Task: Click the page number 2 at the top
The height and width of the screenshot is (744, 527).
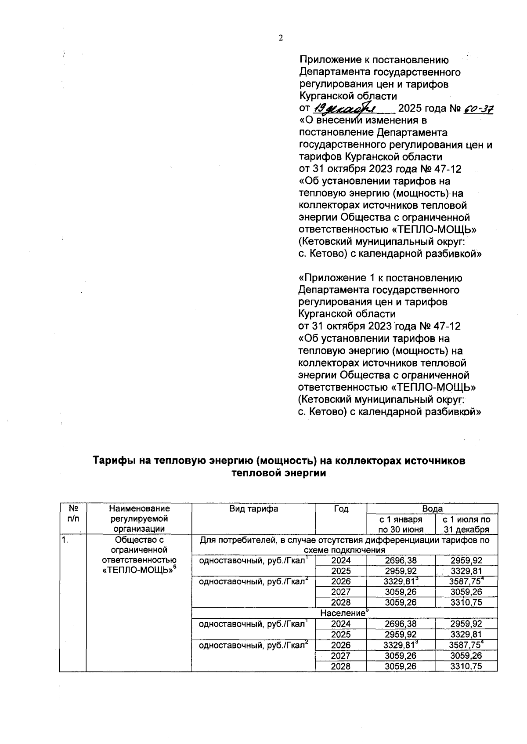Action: coord(281,38)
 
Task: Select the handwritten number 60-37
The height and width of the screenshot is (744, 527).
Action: coord(478,109)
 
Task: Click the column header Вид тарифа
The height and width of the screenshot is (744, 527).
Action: coord(253,509)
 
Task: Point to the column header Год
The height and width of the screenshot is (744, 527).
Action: coord(341,509)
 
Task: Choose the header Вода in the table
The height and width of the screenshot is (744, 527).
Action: coord(432,508)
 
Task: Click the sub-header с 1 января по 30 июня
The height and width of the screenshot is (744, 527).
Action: coord(401,524)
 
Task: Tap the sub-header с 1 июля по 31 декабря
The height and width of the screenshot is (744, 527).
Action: coord(466,524)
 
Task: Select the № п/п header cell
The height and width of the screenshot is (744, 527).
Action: coord(73,514)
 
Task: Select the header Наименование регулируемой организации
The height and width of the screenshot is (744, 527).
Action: coord(139,519)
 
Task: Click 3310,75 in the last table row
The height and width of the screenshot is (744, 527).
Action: coord(466,666)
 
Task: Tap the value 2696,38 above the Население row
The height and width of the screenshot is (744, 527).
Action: coord(401,560)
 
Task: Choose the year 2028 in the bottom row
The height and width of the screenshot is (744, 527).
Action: coord(341,666)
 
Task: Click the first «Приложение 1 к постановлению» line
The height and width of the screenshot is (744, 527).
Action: coord(380,278)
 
